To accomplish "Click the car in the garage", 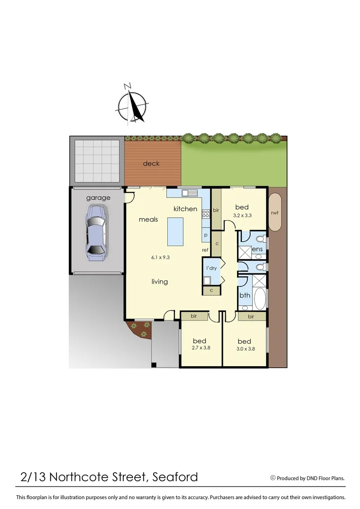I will click(96, 232).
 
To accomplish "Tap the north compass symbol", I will click(132, 105).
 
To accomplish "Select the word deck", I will click(151, 164).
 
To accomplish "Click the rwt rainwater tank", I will click(275, 213).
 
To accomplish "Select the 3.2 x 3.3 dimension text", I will click(242, 215).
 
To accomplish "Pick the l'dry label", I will click(211, 268).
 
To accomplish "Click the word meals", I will click(148, 220).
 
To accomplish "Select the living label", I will click(159, 282).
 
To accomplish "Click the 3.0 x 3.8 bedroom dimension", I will click(244, 349).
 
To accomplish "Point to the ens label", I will click(257, 249).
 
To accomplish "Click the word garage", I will click(98, 198).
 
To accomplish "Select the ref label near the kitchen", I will click(205, 250).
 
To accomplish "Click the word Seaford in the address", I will click(175, 477).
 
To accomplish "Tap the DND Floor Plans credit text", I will click(311, 478).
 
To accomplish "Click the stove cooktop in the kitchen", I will click(205, 214).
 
